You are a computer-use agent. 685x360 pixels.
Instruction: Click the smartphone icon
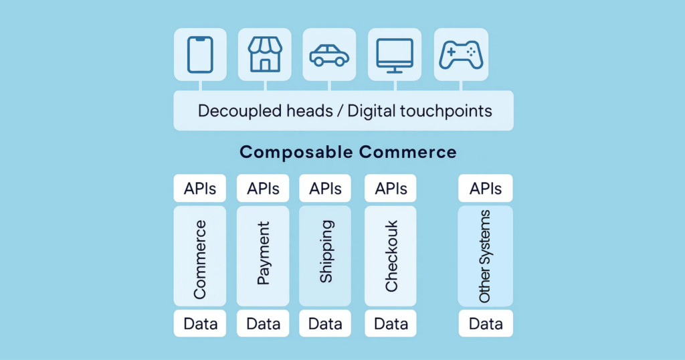200,54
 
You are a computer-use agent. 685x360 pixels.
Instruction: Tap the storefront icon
265,54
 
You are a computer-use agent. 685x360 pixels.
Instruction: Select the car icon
329,55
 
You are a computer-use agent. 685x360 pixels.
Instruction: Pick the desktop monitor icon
395,54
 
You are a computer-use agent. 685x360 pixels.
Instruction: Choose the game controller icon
460,54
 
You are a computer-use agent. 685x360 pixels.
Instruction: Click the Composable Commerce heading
348,152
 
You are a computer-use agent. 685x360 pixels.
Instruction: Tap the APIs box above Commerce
200,189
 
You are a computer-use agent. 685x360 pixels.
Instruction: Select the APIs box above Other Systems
485,189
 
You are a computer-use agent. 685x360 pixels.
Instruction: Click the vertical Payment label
264,254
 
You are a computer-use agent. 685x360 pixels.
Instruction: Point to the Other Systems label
485,256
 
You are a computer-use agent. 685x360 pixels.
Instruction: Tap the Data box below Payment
263,324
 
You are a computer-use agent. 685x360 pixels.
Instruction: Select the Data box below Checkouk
391,324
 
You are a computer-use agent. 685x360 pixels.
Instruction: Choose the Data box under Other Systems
485,324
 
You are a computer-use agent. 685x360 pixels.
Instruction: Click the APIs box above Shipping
325,189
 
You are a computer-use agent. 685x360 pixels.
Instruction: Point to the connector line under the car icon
329,86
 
